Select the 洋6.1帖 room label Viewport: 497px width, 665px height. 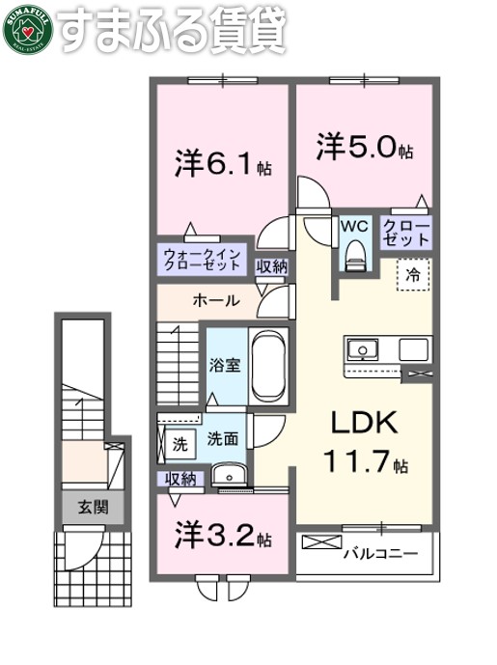click(x=223, y=164)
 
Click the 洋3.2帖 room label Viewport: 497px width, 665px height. click(x=222, y=534)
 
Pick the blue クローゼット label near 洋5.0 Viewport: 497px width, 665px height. click(x=406, y=232)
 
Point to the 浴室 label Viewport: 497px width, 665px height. click(x=225, y=365)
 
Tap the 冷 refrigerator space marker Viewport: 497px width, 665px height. click(x=413, y=273)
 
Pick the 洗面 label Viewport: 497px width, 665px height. click(x=223, y=438)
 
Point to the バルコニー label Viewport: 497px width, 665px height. click(x=380, y=554)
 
